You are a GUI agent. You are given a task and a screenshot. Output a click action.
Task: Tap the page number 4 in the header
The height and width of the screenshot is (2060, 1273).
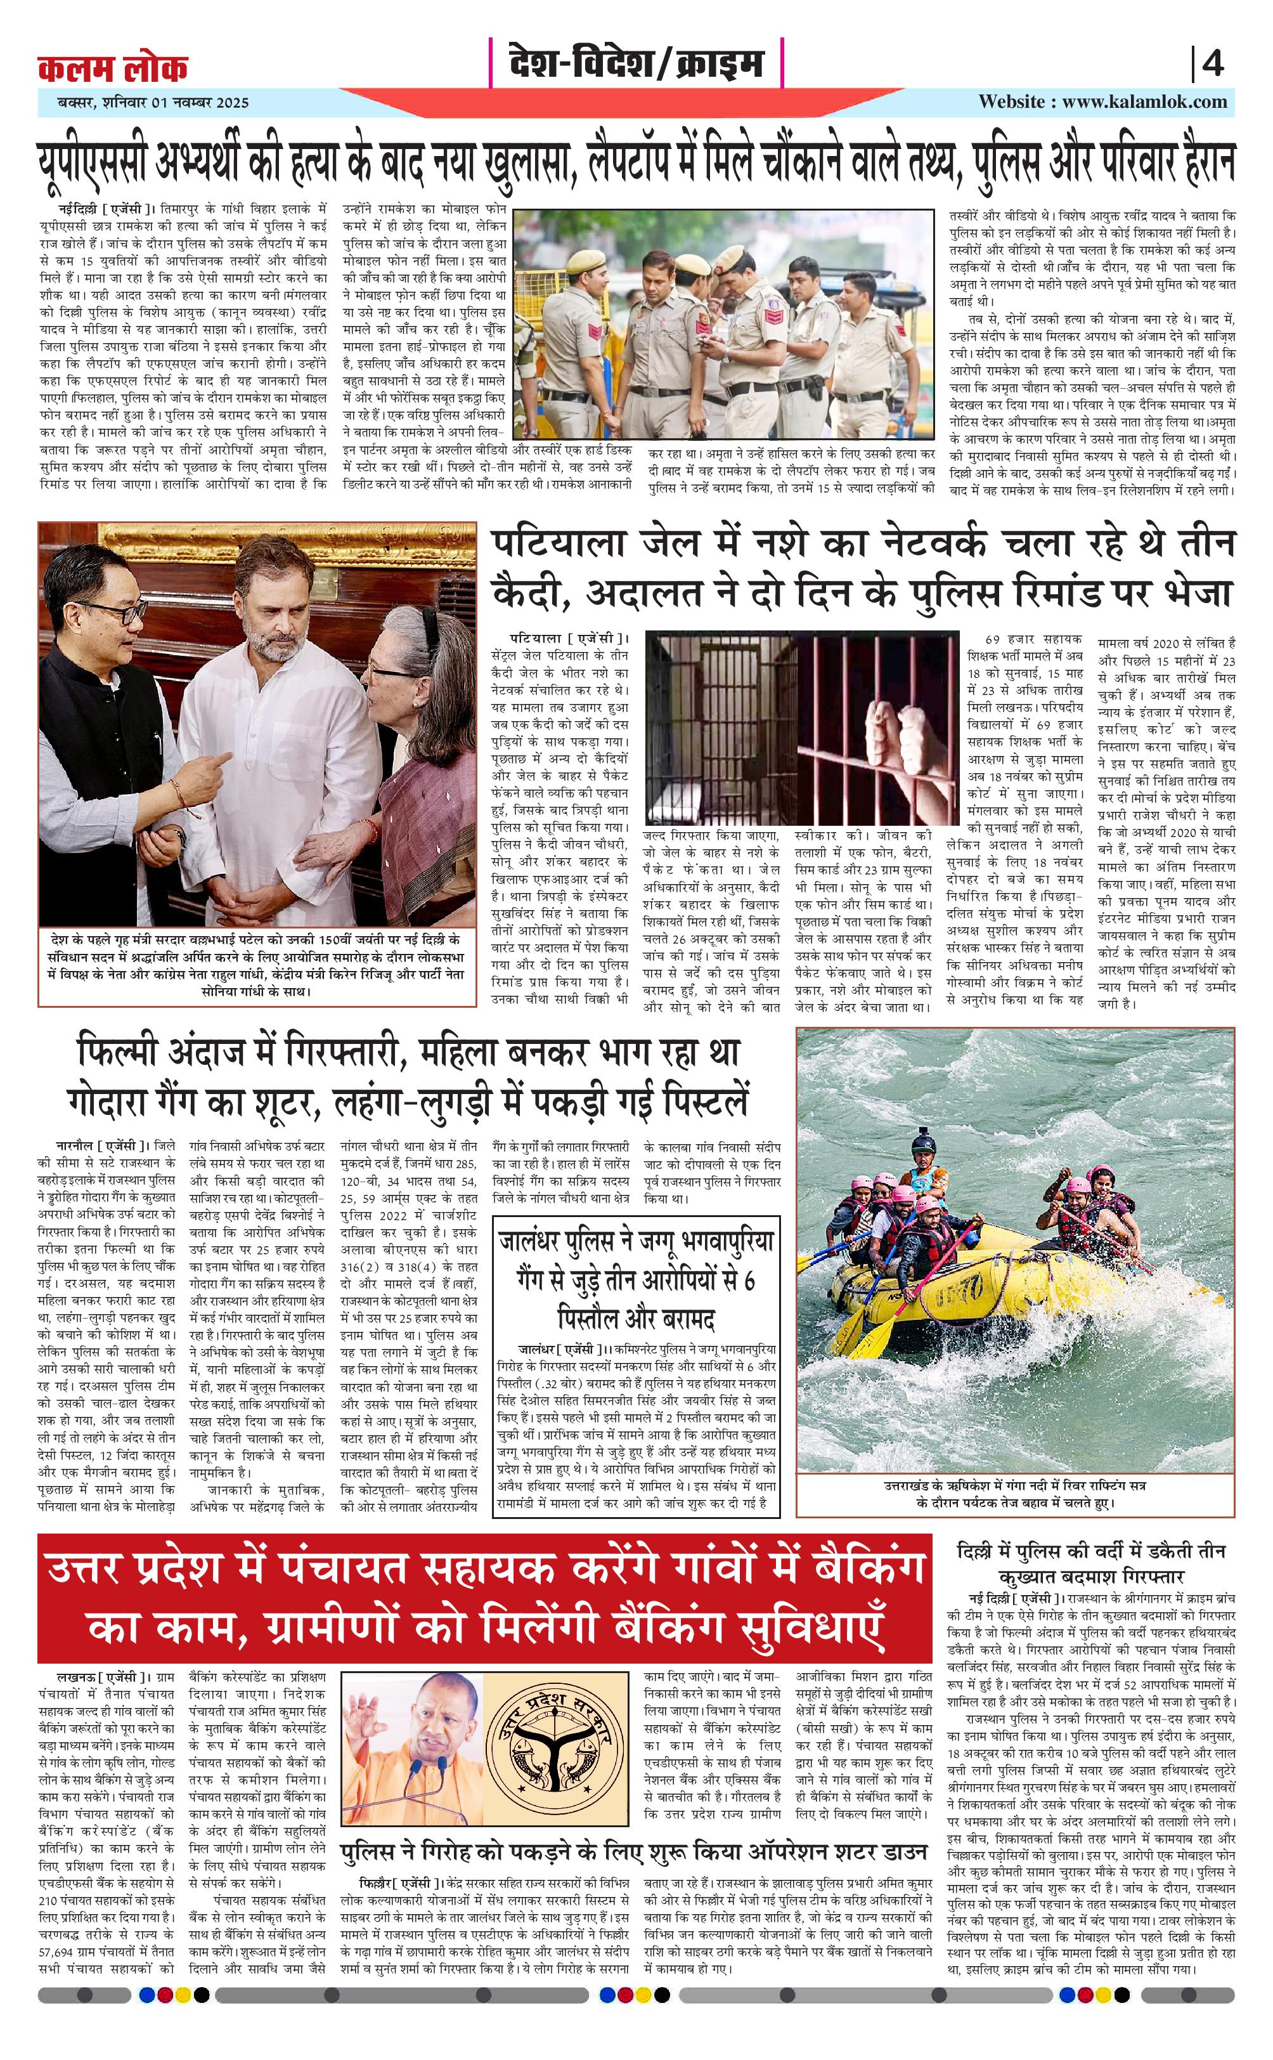pos(1212,64)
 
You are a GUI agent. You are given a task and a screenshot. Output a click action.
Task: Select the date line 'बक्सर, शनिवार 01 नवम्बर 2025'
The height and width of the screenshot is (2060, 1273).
pos(145,103)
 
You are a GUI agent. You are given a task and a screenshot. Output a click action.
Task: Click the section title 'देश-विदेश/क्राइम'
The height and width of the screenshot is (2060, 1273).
pos(636,63)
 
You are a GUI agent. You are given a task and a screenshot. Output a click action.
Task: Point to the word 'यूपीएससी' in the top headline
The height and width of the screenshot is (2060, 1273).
pos(92,164)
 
